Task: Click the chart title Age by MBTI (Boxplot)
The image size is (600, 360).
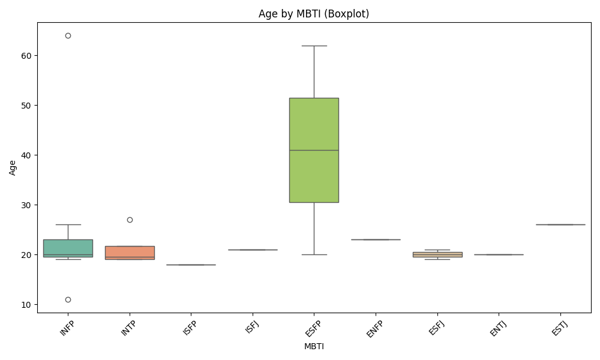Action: (x=314, y=14)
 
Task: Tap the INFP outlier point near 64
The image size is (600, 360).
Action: (x=68, y=35)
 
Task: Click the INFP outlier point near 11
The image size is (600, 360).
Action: (x=68, y=299)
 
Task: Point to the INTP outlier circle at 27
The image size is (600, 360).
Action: (x=130, y=220)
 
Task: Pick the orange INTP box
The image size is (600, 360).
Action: (x=130, y=252)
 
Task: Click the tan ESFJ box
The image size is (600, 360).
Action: (x=437, y=254)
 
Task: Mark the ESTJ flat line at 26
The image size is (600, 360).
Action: (x=560, y=224)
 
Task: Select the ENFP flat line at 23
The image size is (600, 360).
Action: (x=376, y=239)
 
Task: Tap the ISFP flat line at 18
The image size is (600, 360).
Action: (x=191, y=265)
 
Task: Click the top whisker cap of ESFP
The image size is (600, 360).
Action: (x=314, y=46)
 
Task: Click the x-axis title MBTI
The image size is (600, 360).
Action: (x=314, y=346)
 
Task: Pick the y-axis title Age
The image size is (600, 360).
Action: (x=13, y=167)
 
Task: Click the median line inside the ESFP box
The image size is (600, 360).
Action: (x=314, y=150)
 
